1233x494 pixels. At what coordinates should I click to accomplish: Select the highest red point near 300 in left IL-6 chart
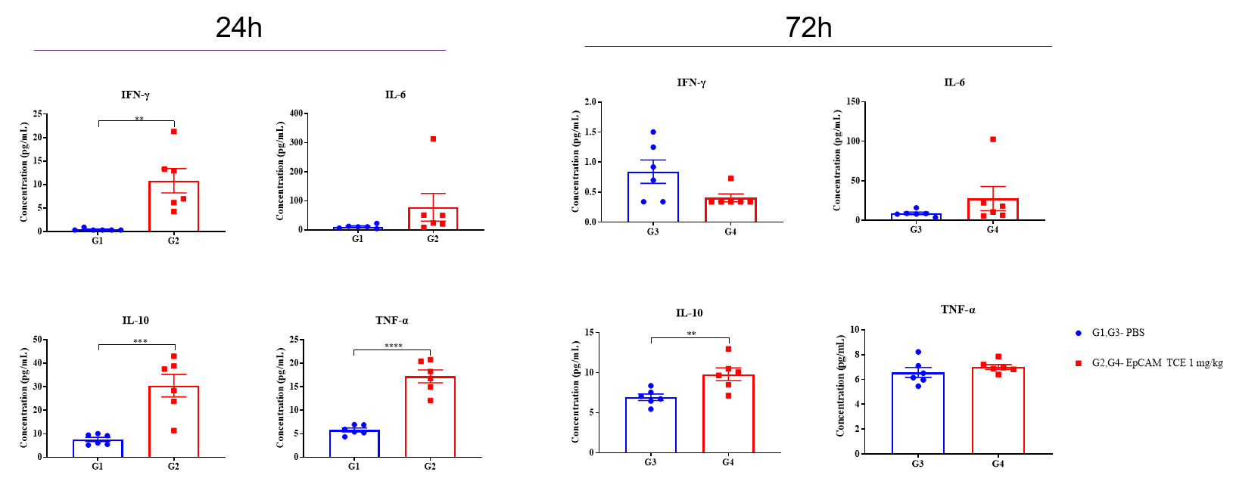[433, 139]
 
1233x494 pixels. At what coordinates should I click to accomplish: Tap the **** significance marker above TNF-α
[394, 346]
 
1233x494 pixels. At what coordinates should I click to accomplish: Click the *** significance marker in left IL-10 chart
[140, 341]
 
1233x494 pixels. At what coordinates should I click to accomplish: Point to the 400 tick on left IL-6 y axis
[295, 113]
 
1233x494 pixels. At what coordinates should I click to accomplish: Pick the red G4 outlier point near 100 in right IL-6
[993, 139]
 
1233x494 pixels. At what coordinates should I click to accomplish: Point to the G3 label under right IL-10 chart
[650, 462]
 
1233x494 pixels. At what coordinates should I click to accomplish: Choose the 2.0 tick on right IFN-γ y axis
[590, 102]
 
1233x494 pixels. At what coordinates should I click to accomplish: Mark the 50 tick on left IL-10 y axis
[35, 340]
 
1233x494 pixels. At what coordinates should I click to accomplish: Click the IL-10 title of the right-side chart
[689, 313]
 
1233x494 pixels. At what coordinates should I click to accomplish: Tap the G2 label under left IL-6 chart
[433, 239]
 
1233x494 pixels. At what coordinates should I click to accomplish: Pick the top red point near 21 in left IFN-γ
[174, 132]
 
